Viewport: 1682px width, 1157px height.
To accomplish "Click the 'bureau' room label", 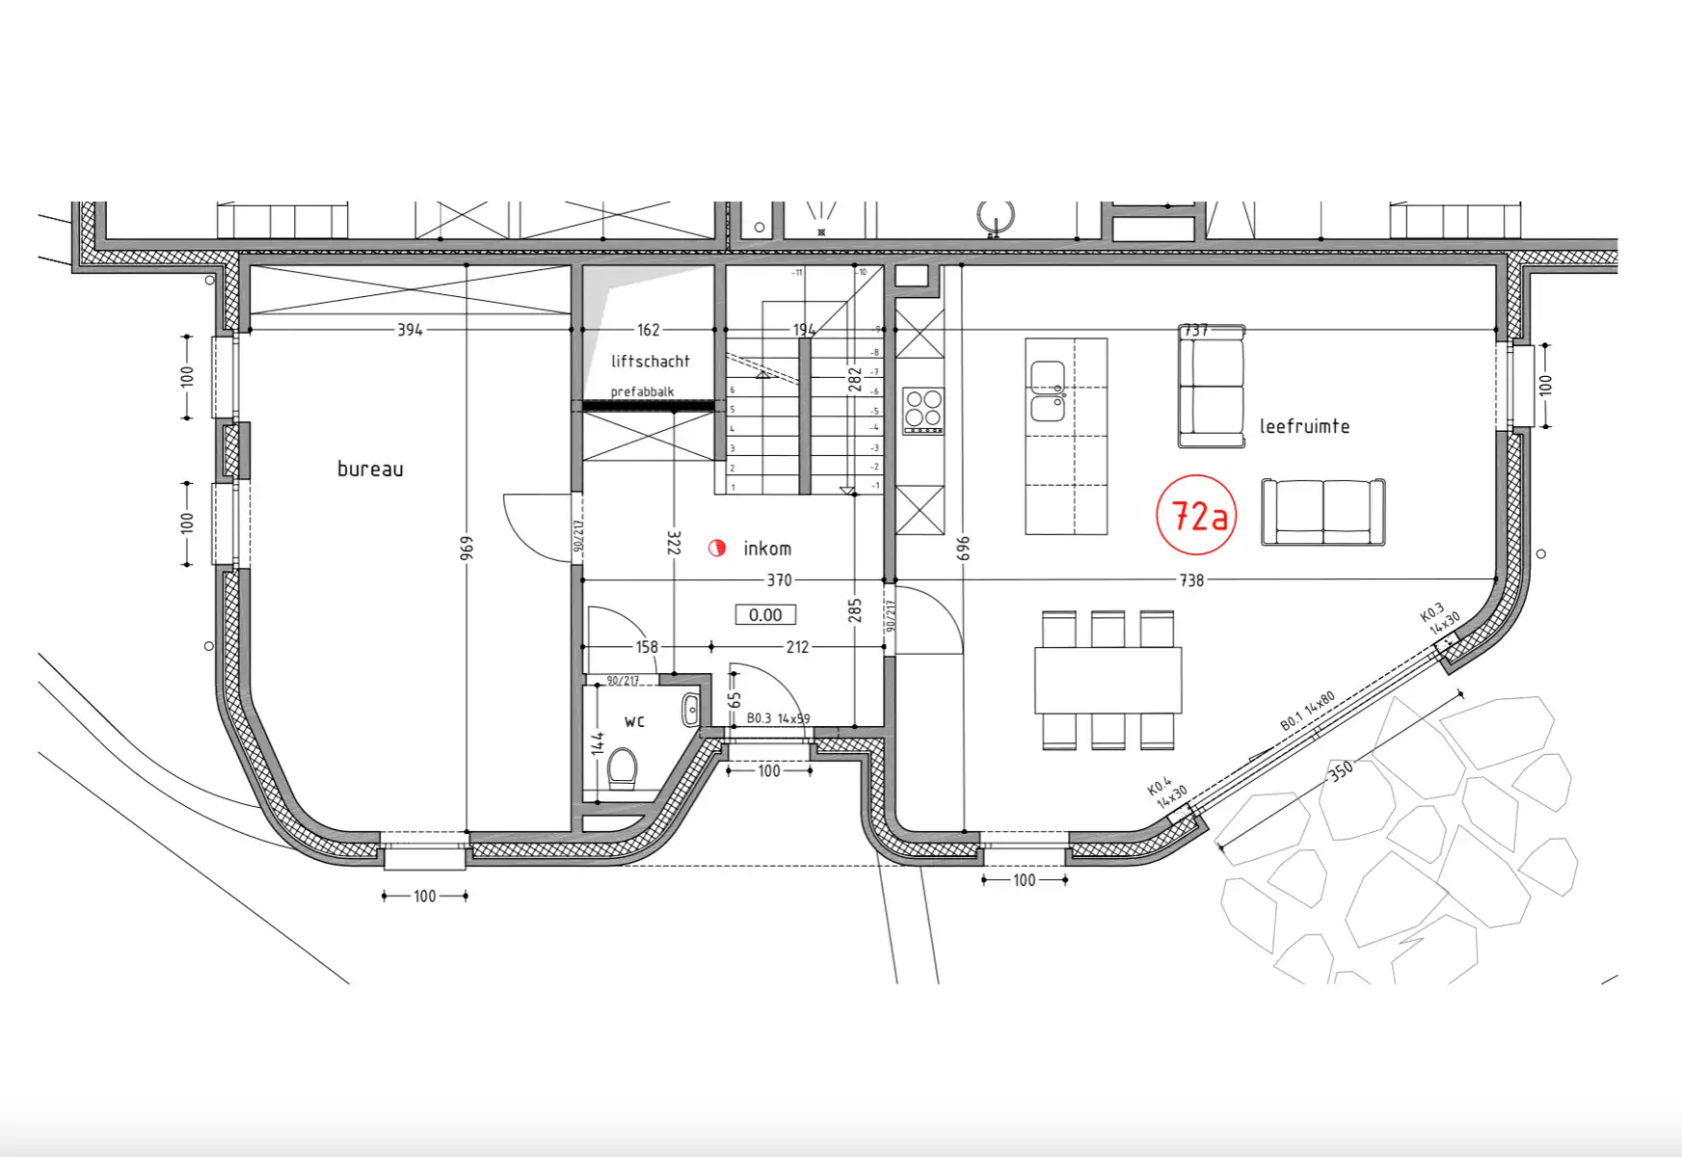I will [x=370, y=470].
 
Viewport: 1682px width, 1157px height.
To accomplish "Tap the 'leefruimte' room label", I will [x=1304, y=426].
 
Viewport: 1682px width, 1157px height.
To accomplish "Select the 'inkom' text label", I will [x=767, y=549].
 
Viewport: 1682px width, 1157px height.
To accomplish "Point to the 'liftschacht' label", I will [x=651, y=362].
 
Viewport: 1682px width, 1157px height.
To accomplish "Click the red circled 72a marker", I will [x=1195, y=516].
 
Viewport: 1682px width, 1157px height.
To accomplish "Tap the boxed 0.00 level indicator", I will [x=765, y=615].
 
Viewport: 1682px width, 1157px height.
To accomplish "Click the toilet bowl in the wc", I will [x=622, y=768].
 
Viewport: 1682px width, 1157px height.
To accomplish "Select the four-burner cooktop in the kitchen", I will [x=922, y=410].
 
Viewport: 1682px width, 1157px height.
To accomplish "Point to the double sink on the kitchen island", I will [x=1048, y=391].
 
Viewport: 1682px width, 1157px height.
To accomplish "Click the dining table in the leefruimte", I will [x=1108, y=680].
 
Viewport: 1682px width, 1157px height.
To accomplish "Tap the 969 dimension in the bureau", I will [x=467, y=549].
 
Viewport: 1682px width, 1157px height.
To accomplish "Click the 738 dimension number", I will [x=1191, y=580].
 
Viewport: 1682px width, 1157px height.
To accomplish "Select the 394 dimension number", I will [x=410, y=330].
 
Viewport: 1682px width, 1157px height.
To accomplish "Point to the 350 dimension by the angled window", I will [x=1341, y=769].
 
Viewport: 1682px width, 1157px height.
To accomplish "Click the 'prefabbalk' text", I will [x=642, y=391].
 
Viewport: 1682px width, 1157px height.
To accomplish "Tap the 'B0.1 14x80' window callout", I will [x=1308, y=711].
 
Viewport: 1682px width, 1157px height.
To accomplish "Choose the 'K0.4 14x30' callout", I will [x=1166, y=792].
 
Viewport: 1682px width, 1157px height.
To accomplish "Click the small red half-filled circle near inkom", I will [x=716, y=549].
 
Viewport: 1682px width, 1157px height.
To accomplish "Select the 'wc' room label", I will [x=634, y=721].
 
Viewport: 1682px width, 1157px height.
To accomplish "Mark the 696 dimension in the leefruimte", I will [x=963, y=549].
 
